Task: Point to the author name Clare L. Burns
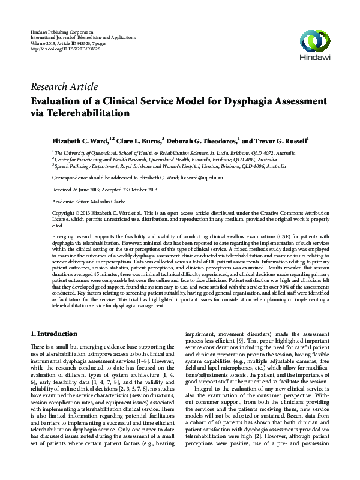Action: pos(138,141)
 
